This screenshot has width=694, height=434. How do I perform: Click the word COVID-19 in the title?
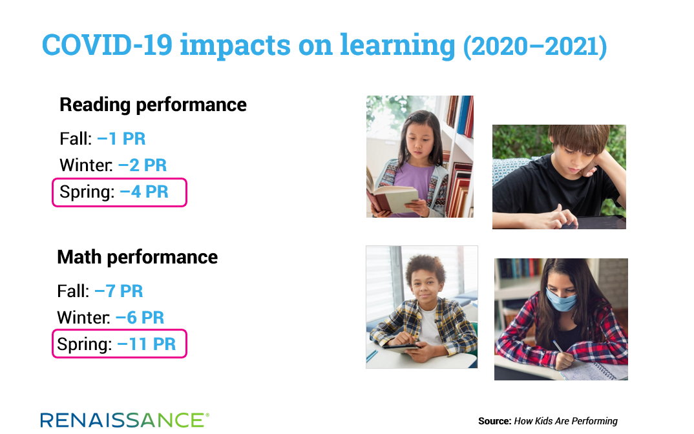coord(107,45)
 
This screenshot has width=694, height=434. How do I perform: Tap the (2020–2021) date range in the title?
coord(534,46)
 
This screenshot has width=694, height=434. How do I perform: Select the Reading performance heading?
coord(153,105)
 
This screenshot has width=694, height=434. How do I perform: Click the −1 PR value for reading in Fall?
coord(121,139)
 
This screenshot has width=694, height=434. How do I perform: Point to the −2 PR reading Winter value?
coord(143,165)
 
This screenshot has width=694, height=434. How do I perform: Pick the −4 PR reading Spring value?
coord(144,192)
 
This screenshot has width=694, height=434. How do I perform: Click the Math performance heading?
coord(138,258)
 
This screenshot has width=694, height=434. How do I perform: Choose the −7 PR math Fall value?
coord(119,291)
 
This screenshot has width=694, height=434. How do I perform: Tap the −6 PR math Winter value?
coord(140,318)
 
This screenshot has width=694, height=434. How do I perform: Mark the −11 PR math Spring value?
coord(147,344)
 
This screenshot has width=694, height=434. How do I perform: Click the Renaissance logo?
coord(125,420)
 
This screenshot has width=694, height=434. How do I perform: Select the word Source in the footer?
coord(495,421)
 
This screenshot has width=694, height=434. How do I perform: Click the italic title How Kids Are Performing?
coord(565,421)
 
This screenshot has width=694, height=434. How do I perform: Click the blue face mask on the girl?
coord(561,298)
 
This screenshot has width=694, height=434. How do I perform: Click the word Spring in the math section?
coord(85,345)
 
